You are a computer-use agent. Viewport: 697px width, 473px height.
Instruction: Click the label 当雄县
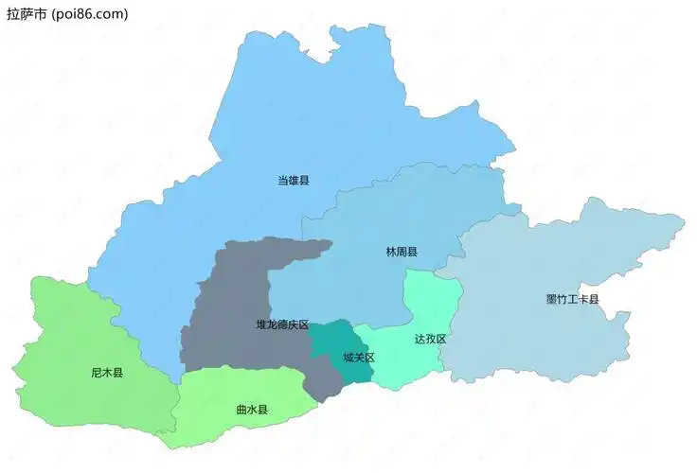click(294, 180)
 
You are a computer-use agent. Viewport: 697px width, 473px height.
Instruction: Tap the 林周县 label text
click(402, 253)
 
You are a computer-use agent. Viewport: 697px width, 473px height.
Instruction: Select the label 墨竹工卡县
click(573, 300)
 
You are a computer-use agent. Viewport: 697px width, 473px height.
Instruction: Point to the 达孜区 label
click(430, 339)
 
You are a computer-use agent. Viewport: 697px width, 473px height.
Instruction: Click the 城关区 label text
click(359, 358)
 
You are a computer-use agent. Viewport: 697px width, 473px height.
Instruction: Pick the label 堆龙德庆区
click(282, 324)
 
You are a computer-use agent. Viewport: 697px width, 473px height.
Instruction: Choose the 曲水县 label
click(252, 410)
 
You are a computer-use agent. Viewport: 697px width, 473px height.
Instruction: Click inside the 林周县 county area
click(417, 208)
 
